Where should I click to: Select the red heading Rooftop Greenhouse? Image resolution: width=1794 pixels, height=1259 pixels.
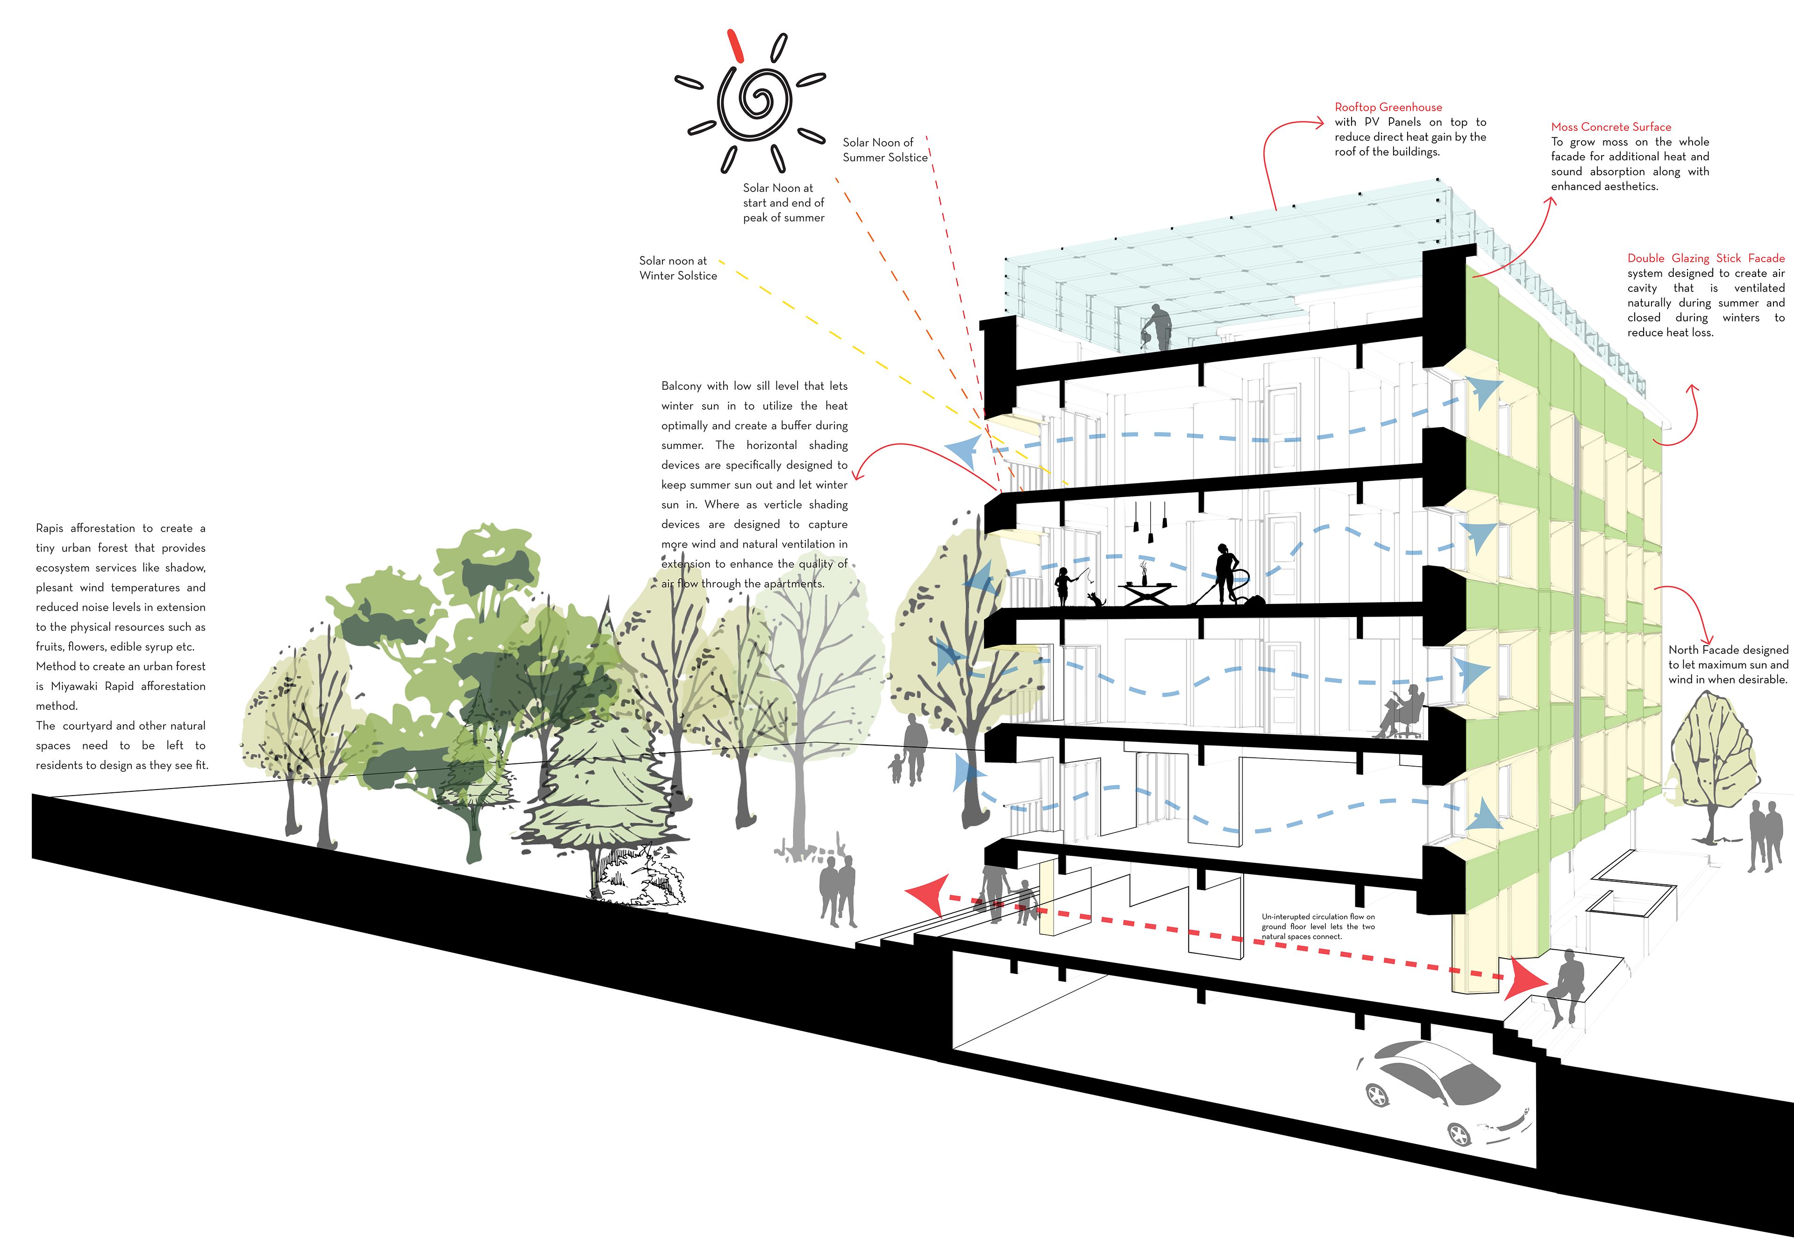coord(1388,107)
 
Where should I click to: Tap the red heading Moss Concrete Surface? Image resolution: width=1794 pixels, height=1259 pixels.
coord(1610,127)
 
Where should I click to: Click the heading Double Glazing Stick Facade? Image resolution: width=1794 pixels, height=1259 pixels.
coord(1706,258)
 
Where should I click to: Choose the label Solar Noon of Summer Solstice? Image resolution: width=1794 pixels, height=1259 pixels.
coord(884,150)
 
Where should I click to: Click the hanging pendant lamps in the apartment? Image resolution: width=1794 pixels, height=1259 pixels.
coord(1149,519)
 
